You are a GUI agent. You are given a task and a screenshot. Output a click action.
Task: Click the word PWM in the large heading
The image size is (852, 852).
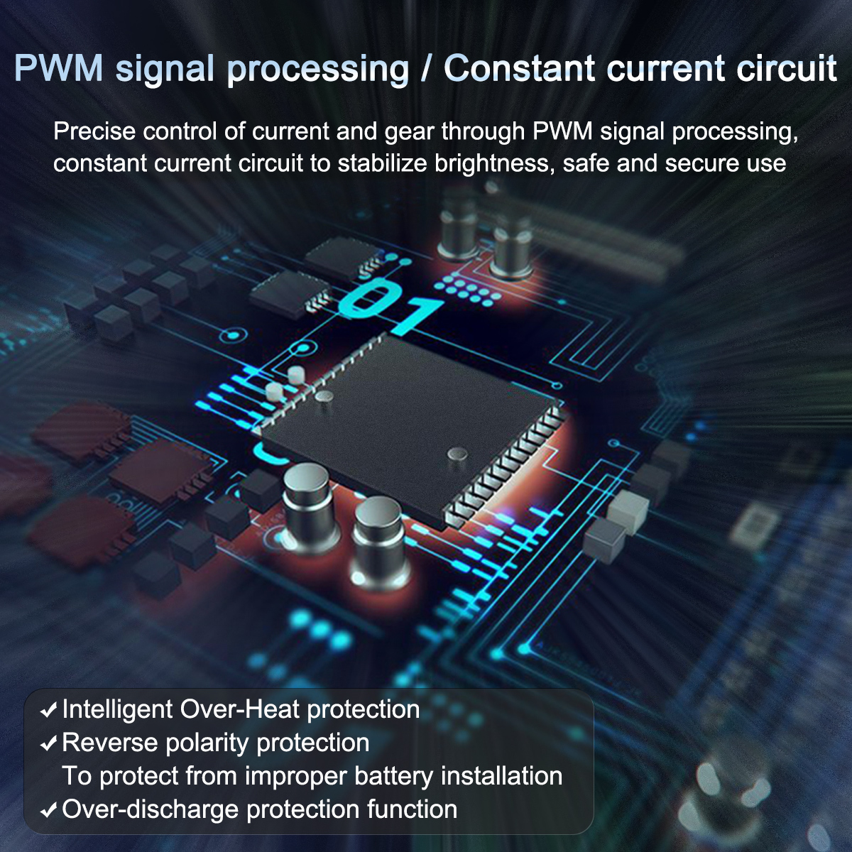59,69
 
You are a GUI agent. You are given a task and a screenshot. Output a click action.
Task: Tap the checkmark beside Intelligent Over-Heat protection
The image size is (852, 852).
49,710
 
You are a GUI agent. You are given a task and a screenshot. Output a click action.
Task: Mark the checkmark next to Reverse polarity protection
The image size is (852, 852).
49,743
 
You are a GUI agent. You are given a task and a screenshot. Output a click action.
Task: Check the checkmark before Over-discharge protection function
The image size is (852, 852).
49,810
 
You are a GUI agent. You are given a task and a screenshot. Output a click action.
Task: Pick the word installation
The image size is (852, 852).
501,776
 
